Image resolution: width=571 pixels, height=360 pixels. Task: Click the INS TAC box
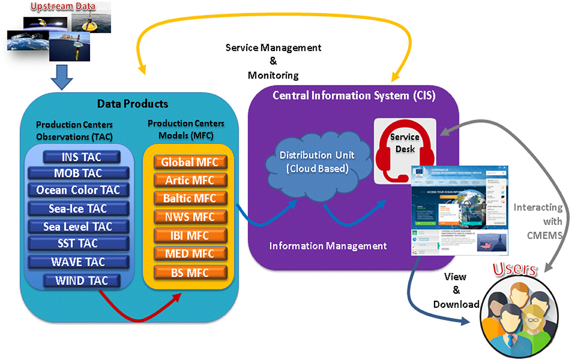point(82,157)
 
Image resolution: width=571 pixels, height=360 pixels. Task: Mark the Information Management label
point(328,246)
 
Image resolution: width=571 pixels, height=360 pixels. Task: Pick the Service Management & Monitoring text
point(273,61)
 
